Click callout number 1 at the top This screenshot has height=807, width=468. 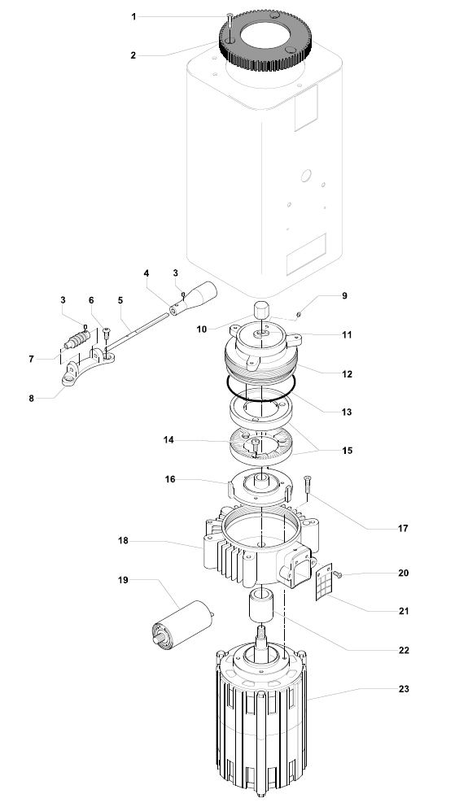[x=134, y=16]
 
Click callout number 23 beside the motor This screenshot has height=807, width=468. [x=405, y=689]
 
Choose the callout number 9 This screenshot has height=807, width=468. [x=344, y=296]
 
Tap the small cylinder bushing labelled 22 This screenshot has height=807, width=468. [x=260, y=609]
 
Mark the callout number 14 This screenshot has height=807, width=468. [x=168, y=440]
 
